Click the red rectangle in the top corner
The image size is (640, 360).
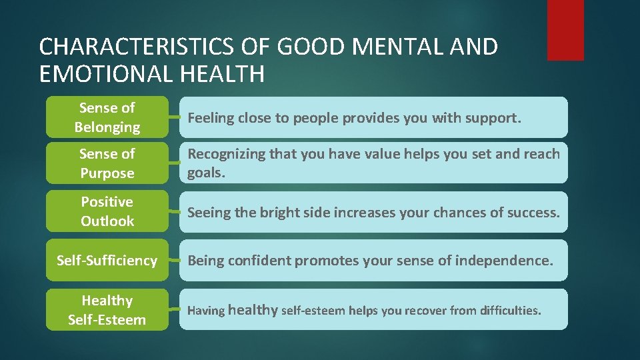pos(565,30)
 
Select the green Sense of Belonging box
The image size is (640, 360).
pos(107,117)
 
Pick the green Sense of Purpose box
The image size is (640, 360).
pos(107,163)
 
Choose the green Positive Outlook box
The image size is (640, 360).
pos(107,211)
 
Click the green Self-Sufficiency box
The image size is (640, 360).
pos(107,260)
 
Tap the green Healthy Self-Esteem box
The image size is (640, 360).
pos(107,310)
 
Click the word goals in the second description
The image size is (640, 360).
pos(206,173)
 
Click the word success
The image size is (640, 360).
pos(534,213)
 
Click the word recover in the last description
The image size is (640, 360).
pos(425,311)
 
